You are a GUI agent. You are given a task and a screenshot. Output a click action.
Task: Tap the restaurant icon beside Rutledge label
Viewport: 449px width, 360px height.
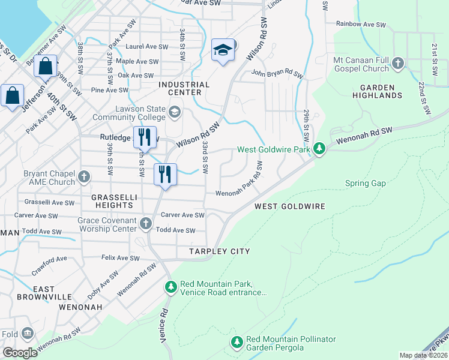[x=144, y=137]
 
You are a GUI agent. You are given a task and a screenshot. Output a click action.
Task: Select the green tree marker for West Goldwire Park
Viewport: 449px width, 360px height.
[x=320, y=148]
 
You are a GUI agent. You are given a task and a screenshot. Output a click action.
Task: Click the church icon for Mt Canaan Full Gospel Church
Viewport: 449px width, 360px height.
[x=397, y=63]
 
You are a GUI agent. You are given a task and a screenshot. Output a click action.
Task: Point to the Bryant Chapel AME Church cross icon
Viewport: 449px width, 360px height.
[x=84, y=177]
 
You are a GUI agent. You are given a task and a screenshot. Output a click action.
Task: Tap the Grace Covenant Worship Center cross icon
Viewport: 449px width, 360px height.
[x=145, y=224]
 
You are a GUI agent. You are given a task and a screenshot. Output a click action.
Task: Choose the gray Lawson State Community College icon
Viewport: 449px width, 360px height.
[x=175, y=112]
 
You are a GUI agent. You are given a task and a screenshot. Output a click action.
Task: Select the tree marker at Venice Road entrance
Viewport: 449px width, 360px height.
[x=171, y=287]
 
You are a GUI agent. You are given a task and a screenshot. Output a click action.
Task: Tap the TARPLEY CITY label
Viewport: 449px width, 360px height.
[x=219, y=251]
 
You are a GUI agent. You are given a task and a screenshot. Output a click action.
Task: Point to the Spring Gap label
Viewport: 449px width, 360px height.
[x=365, y=183]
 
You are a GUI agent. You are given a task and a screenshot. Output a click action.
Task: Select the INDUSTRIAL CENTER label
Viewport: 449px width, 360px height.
[x=184, y=88]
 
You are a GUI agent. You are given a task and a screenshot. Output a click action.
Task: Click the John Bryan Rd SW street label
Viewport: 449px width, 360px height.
[x=277, y=74]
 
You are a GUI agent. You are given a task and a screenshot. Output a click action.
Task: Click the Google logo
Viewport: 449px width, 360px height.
[x=19, y=352]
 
